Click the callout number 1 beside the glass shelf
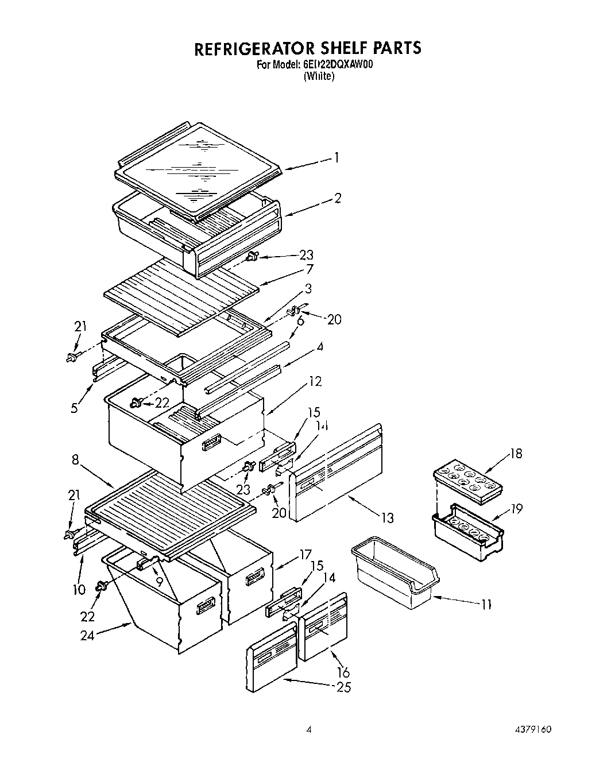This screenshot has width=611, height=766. (337, 157)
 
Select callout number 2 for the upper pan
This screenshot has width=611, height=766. (338, 198)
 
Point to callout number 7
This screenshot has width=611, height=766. (310, 269)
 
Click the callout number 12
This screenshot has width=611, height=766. (315, 381)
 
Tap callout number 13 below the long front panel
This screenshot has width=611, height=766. (388, 517)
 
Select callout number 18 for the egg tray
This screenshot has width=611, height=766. (516, 454)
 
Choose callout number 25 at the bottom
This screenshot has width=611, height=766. (343, 687)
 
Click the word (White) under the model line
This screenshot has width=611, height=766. (319, 76)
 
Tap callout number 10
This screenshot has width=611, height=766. (79, 589)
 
